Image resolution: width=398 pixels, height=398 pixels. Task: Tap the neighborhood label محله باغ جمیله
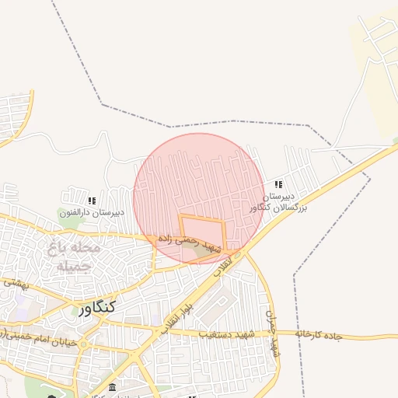[75, 257]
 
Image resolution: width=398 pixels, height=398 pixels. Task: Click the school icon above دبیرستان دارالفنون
[92, 200]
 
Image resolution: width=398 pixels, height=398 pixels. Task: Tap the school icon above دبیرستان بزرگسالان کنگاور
[278, 185]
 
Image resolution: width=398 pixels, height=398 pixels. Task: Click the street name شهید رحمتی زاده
[190, 240]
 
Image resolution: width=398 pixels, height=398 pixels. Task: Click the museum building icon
[113, 387]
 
